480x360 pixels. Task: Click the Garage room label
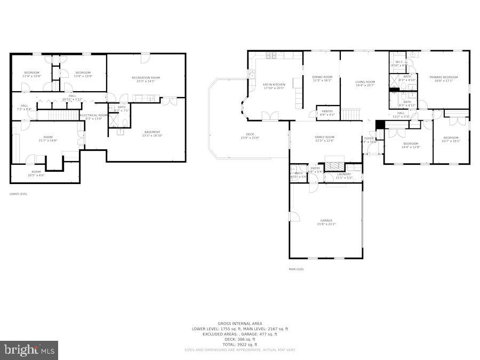point(326,221)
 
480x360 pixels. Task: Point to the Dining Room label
point(322,77)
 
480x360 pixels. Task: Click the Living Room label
point(365,82)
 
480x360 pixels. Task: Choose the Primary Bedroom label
point(443,77)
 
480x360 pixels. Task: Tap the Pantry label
point(327,111)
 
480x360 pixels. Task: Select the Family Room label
point(324,138)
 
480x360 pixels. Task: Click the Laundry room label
point(343,174)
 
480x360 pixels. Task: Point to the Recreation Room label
point(146,78)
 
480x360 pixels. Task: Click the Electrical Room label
point(94,115)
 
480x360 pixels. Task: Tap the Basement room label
point(152,132)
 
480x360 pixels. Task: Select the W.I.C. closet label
point(399,62)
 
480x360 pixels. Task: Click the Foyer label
point(369,139)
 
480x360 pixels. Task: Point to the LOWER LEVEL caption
point(19,194)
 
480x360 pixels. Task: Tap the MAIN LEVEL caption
point(297,269)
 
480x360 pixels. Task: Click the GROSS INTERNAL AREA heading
point(239,324)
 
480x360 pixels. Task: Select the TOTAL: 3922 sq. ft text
point(239,345)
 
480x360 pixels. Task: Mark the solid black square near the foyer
point(380,124)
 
